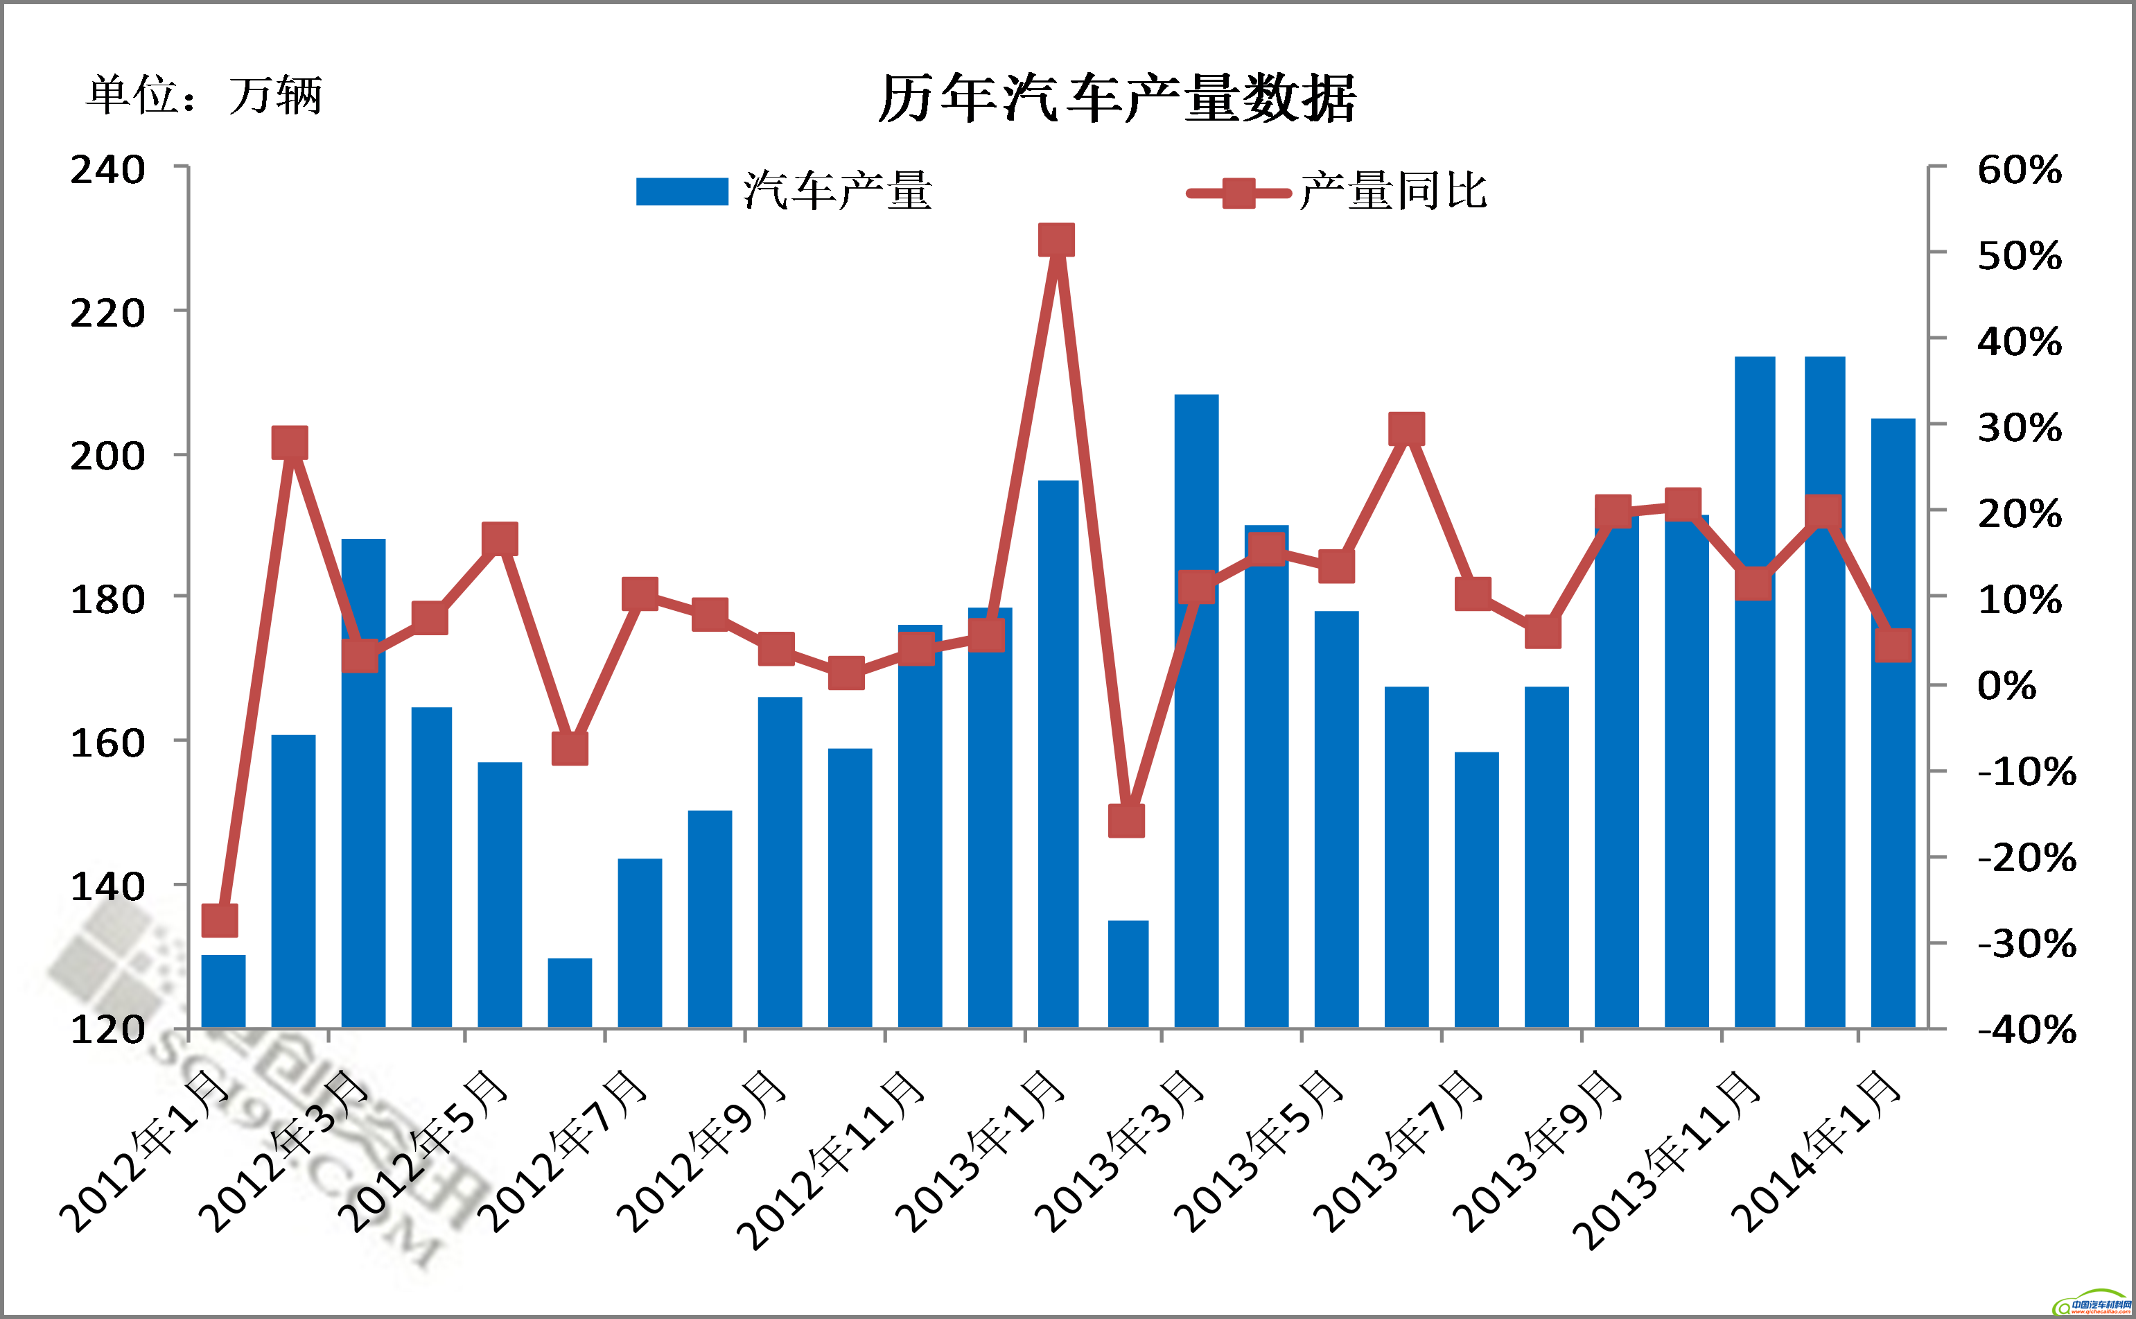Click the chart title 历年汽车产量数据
click(x=1116, y=98)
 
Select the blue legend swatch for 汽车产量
click(x=682, y=191)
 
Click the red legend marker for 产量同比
click(x=1238, y=193)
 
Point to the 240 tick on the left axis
click(x=107, y=169)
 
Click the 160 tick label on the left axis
click(x=107, y=743)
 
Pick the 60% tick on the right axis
click(x=2019, y=169)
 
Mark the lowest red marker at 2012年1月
click(x=220, y=920)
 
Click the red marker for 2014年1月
click(x=1893, y=646)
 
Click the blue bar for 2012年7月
click(x=640, y=943)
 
